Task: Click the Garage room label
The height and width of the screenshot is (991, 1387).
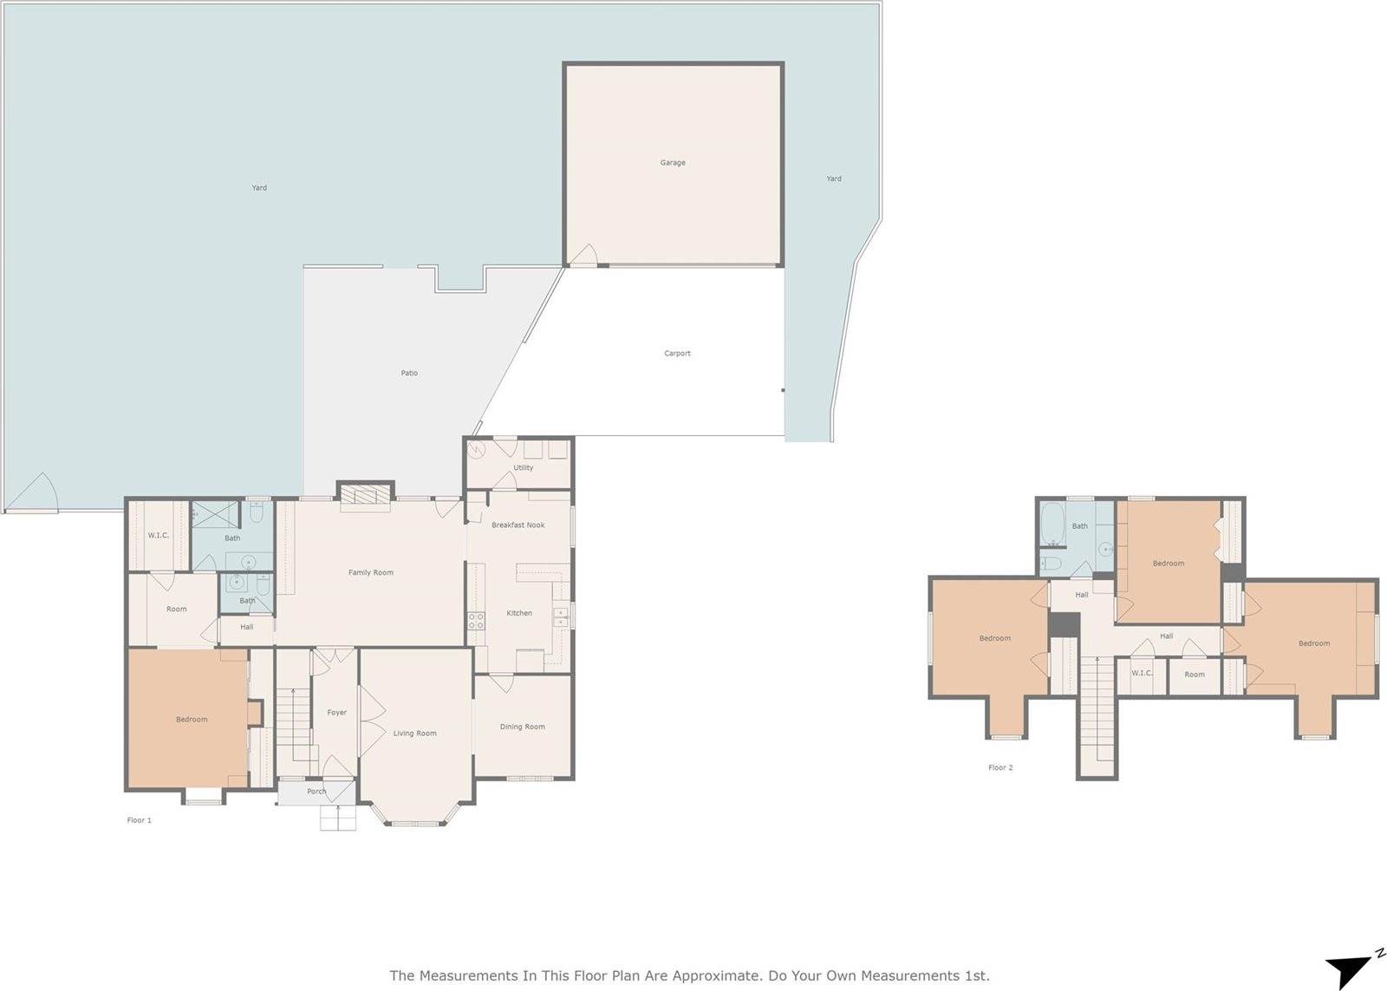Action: [x=673, y=162]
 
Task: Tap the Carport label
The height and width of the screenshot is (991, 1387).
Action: [x=677, y=353]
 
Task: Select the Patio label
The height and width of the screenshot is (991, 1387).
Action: [x=409, y=373]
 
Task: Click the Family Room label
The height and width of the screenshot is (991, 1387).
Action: [x=370, y=572]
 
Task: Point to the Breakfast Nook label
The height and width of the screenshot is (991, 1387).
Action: [x=518, y=525]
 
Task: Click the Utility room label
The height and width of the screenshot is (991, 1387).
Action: [x=523, y=467]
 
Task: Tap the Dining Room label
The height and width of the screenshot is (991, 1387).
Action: [x=522, y=727]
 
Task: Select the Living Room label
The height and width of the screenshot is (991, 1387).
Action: [x=414, y=733]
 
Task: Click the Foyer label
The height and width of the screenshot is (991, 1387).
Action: [x=336, y=712]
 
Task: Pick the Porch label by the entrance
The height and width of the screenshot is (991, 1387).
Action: [x=316, y=791]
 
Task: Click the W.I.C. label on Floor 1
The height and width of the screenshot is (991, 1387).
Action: [x=158, y=535]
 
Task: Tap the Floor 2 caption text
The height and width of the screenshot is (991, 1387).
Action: [x=1000, y=767]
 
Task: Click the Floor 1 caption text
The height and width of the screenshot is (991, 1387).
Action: [x=139, y=819]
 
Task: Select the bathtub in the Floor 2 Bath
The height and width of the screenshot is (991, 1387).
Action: [x=1053, y=522]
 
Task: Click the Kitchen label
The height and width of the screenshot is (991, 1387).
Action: [x=519, y=613]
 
